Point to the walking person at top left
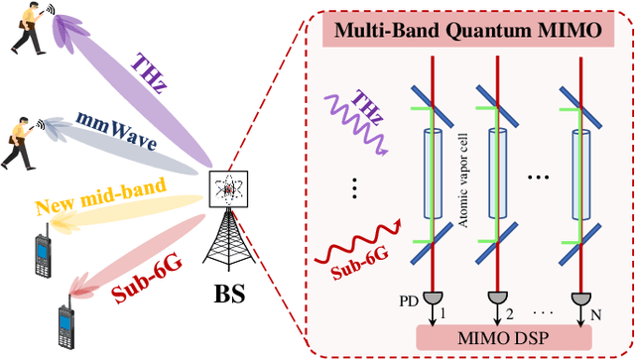(x=24, y=29)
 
